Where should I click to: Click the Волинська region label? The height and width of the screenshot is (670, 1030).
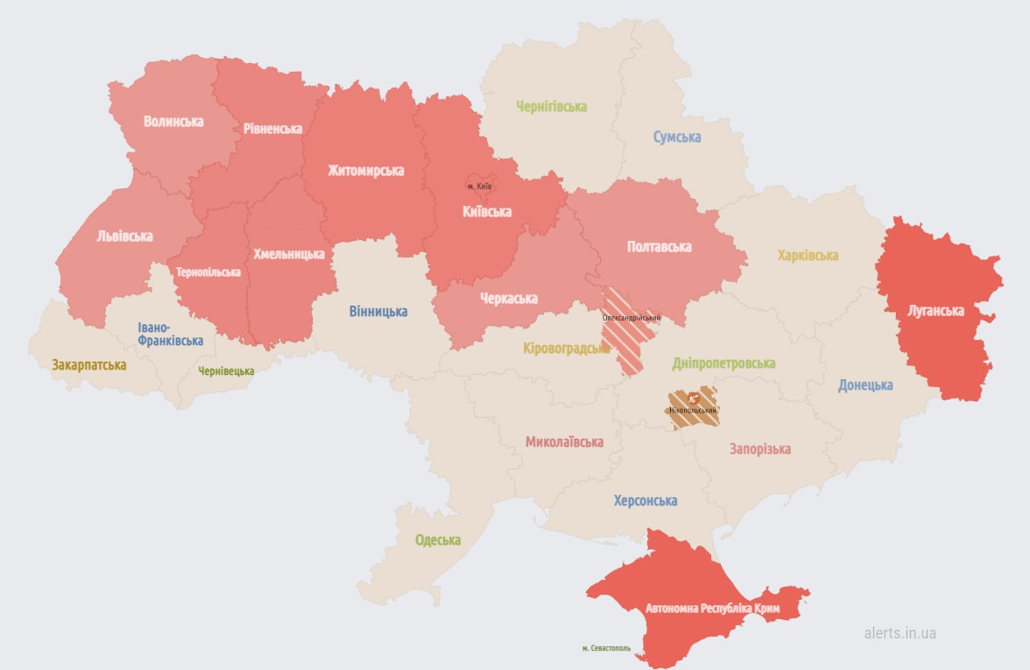(173, 121)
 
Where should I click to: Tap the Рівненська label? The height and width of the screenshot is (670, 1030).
(273, 129)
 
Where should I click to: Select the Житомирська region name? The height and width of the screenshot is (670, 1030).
(366, 170)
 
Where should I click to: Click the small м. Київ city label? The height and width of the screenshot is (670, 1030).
(479, 186)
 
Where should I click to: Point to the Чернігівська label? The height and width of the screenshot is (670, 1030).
(552, 106)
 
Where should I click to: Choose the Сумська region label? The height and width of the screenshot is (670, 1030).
(677, 137)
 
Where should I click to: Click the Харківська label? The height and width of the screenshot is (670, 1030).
(808, 256)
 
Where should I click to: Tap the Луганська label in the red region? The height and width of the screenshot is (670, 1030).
(935, 311)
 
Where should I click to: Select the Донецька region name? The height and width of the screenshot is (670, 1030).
(865, 384)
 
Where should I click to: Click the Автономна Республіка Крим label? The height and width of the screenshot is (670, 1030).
(712, 607)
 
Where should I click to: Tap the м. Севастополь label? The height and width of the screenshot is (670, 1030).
(606, 648)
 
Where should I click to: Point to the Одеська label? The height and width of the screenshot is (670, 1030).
(438, 540)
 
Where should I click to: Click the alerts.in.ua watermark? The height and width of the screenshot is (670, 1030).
(899, 632)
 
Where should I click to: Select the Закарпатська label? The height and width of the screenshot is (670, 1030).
(88, 364)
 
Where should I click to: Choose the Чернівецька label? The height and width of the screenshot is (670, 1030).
(226, 371)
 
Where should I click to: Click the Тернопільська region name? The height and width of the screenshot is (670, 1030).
(208, 272)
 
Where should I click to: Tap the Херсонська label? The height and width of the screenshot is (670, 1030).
(646, 501)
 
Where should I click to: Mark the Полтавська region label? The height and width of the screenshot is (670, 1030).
(660, 247)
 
